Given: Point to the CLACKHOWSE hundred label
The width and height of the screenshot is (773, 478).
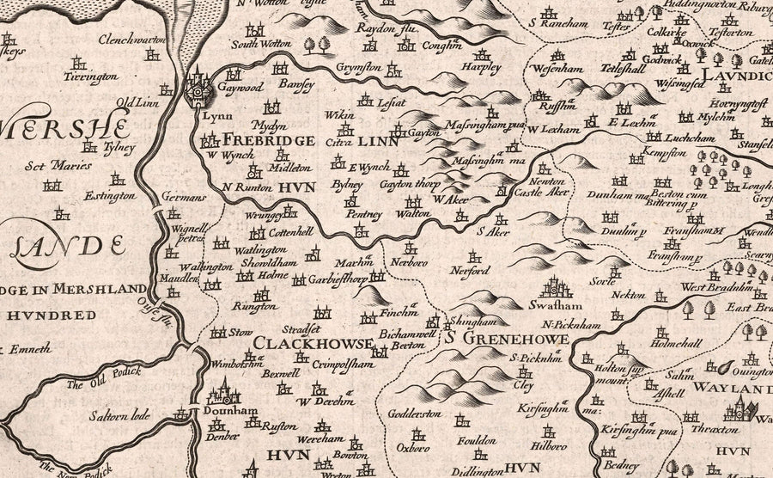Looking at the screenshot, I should click(312, 344).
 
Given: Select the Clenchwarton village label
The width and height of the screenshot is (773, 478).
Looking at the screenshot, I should click(131, 40).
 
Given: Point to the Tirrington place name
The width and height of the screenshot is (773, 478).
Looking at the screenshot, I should click(89, 77).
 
